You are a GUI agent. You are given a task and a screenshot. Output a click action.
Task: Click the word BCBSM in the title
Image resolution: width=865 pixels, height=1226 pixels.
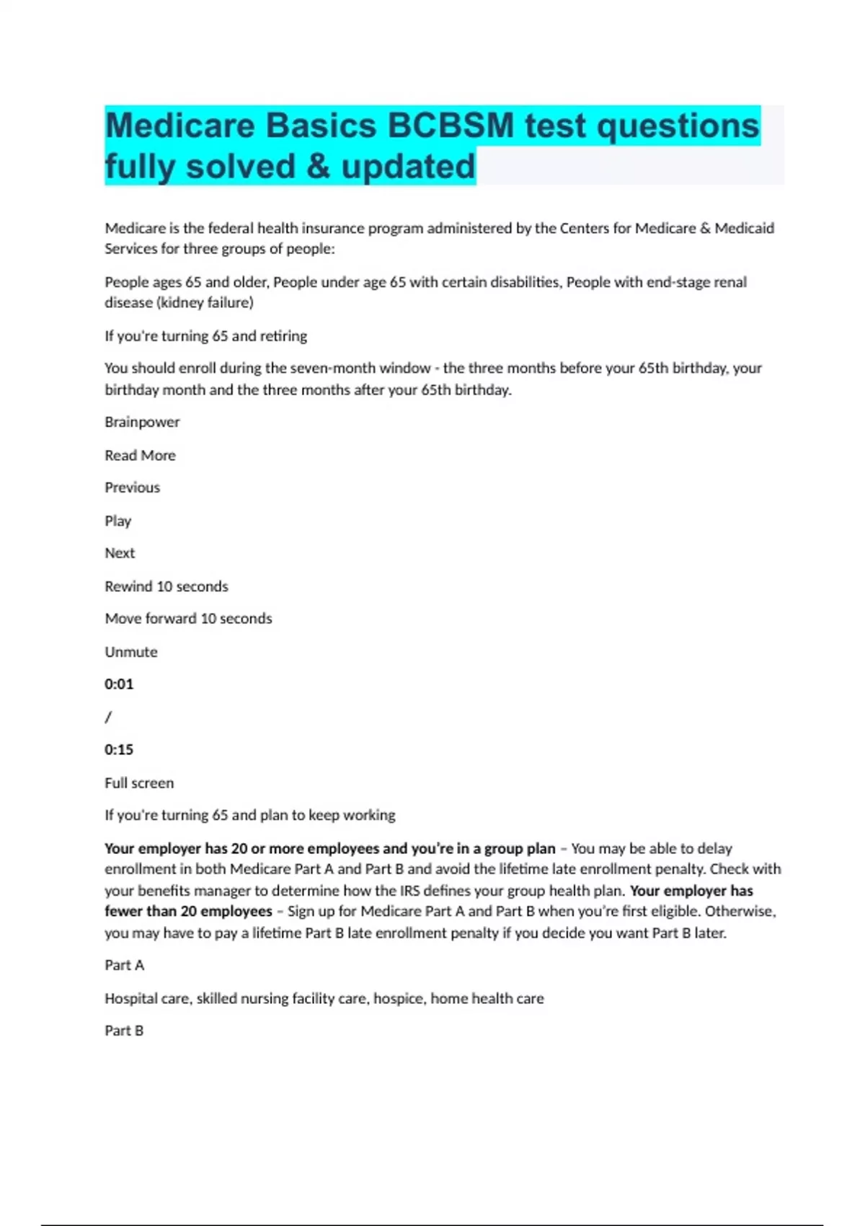pyautogui.click(x=451, y=126)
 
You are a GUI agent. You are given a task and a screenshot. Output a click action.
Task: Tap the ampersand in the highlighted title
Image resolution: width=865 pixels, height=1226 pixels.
pyautogui.click(x=318, y=167)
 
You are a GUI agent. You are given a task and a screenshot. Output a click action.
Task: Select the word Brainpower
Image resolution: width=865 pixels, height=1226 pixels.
pyautogui.click(x=142, y=422)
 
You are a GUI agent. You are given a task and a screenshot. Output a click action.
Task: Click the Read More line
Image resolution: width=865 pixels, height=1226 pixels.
pyautogui.click(x=140, y=455)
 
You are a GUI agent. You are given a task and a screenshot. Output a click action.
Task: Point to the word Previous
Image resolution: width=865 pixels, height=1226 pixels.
pyautogui.click(x=132, y=488)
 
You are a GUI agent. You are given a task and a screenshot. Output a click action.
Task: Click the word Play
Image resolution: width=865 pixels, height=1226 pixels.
pyautogui.click(x=117, y=521)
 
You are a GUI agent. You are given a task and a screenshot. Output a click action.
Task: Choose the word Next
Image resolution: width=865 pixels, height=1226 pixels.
pyautogui.click(x=120, y=553)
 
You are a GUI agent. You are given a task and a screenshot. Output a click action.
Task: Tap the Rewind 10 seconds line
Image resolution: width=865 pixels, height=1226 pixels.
pyautogui.click(x=166, y=586)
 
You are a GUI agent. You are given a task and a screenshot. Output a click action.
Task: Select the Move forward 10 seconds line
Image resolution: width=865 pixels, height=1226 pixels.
pyautogui.click(x=188, y=619)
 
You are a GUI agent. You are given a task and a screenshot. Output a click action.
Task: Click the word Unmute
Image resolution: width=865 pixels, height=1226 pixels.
pyautogui.click(x=130, y=652)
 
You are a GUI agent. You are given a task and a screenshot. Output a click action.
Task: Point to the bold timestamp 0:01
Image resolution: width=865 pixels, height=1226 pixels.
pyautogui.click(x=119, y=684)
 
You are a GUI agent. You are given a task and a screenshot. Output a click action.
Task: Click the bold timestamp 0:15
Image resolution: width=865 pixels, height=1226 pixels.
pyautogui.click(x=119, y=750)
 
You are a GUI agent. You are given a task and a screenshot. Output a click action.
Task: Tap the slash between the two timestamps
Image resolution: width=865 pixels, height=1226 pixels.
pyautogui.click(x=108, y=717)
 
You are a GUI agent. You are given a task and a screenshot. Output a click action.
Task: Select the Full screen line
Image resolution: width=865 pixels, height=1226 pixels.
pyautogui.click(x=139, y=783)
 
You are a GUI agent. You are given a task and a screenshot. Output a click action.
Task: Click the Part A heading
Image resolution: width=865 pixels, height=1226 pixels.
pyautogui.click(x=124, y=965)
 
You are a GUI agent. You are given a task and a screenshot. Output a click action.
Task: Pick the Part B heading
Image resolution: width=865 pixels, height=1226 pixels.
pyautogui.click(x=124, y=1031)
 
